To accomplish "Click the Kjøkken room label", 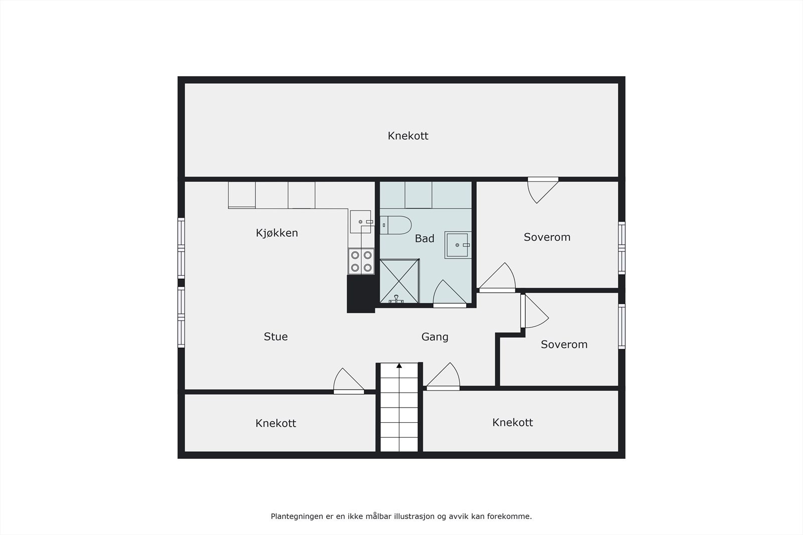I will (277, 233).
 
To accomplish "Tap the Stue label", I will (276, 337).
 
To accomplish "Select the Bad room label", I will (424, 239).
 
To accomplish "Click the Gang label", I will (435, 337).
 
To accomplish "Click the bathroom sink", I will (457, 245).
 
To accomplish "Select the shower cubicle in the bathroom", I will (399, 281).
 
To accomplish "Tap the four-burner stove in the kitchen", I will (361, 261).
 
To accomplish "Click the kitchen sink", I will (361, 222).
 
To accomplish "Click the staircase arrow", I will (399, 366).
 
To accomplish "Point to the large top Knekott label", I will (408, 136).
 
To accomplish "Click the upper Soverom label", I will (547, 237).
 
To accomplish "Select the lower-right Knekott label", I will (512, 423).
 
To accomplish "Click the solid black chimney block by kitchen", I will (361, 294).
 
